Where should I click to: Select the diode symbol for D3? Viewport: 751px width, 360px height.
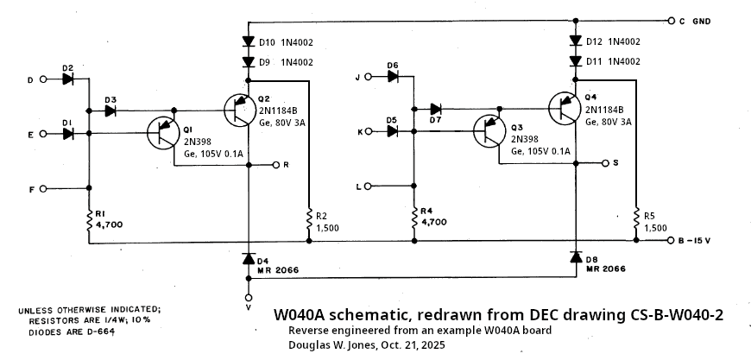tap(110, 111)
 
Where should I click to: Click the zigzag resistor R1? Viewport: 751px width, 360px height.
tap(89, 221)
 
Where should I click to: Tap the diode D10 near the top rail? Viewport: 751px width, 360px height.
tap(249, 41)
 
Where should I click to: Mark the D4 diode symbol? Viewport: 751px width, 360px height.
tap(249, 259)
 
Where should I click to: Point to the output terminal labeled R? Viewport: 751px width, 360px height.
tap(275, 164)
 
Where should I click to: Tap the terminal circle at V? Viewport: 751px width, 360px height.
tap(249, 297)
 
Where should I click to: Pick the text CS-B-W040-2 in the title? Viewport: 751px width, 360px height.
tap(667, 316)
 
